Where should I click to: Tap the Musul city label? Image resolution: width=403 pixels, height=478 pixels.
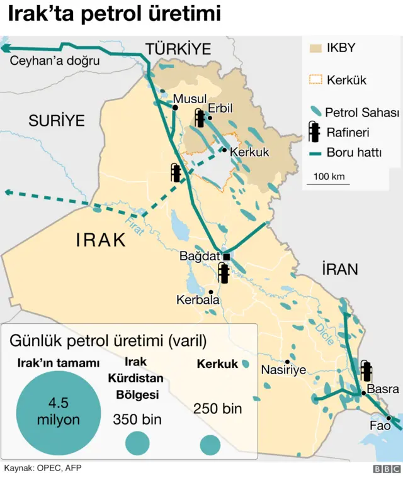[x=190, y=99]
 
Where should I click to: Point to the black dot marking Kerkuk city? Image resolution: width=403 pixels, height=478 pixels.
[x=224, y=150]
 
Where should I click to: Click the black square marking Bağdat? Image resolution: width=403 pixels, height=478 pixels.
[x=227, y=257]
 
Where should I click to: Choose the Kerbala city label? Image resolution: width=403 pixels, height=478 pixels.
[x=198, y=301]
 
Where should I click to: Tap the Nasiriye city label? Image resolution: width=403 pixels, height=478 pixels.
[x=283, y=370]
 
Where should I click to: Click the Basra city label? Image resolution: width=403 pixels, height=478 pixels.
[x=383, y=389]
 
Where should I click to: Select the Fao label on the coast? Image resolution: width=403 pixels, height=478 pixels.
[x=380, y=426]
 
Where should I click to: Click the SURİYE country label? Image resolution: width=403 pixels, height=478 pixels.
[x=57, y=121]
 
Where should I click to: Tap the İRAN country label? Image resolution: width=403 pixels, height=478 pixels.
[x=339, y=270]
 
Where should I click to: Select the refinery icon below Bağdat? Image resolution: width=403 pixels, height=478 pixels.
[x=224, y=273]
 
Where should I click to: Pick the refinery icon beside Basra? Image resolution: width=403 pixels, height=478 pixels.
[x=366, y=371]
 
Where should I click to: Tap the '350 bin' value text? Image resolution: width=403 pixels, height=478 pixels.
[x=137, y=419]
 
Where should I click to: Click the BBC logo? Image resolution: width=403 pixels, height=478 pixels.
[x=387, y=469]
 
